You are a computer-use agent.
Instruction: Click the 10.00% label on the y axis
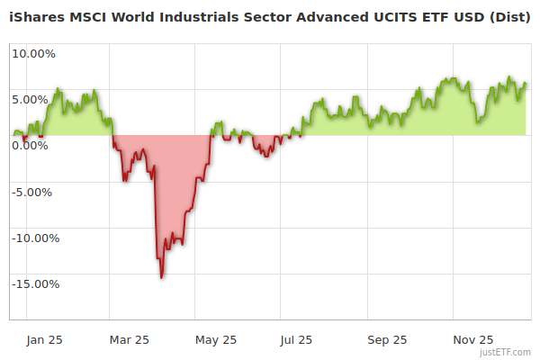pos(32,53)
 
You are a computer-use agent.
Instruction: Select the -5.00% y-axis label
pos(33,192)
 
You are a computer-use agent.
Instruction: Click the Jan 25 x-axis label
pos(43,340)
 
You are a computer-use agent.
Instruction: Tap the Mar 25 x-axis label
pos(129,340)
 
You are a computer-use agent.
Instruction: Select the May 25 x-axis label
pos(215,340)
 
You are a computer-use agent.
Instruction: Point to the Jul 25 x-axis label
pos(297,340)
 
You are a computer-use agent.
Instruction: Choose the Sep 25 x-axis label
pos(386,340)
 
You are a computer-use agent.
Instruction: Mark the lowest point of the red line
pos(161,277)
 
